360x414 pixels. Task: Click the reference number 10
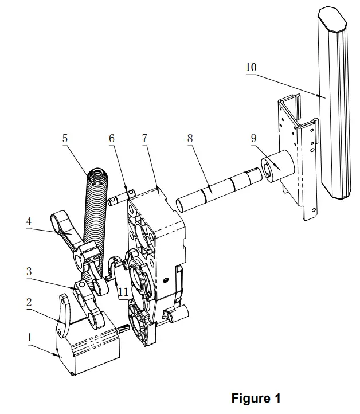251,67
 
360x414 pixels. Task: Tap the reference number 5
65,138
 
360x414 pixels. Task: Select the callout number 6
112,138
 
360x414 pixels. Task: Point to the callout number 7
144,138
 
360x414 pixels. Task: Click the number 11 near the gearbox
123,291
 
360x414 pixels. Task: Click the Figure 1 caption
256,398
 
